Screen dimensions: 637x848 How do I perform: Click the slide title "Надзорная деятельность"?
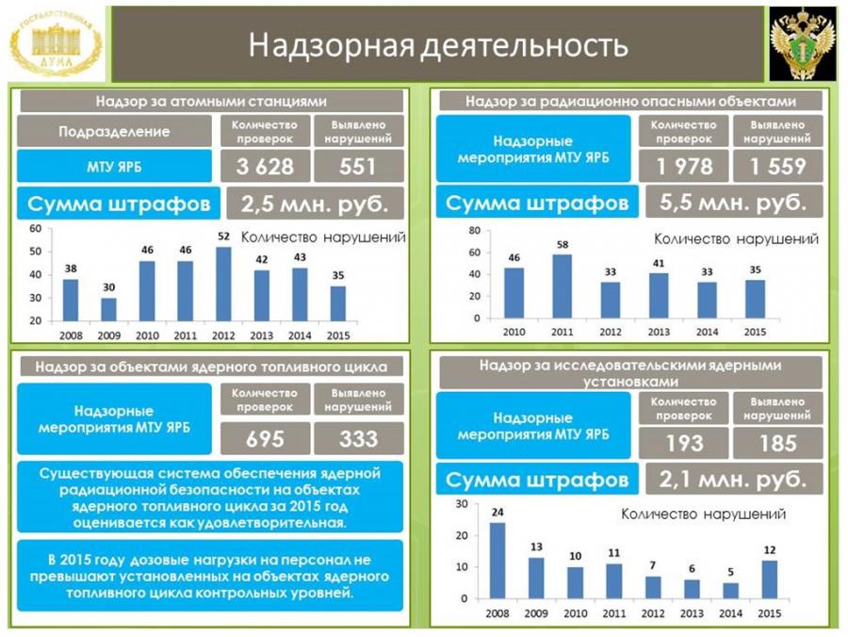[438, 45]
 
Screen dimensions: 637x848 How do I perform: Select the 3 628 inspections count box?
[265, 167]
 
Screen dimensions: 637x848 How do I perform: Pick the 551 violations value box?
[358, 167]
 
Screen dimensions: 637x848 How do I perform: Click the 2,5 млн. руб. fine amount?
[315, 204]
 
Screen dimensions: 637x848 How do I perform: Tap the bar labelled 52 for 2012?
[223, 283]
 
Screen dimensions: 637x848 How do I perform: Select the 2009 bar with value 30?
[109, 309]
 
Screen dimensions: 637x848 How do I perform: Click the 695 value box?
[265, 438]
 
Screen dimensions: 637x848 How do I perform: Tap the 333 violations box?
[358, 438]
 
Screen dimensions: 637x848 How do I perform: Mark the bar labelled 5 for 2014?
[731, 590]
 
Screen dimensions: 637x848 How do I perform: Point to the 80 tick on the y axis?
[474, 230]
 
